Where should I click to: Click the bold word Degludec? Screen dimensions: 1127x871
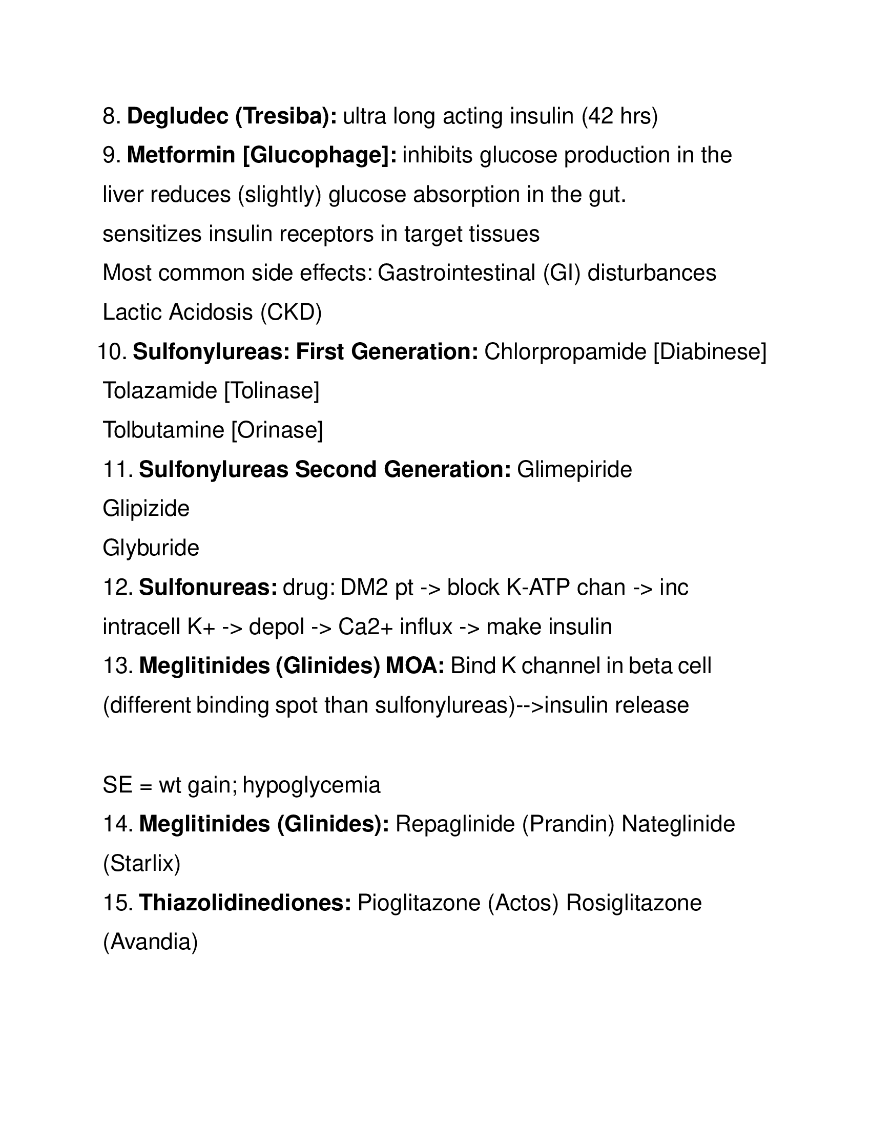click(x=177, y=117)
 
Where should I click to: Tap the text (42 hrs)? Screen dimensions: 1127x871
click(x=620, y=117)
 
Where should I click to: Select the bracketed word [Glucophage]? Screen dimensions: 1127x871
click(x=319, y=155)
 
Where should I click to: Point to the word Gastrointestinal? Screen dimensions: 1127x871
click(x=456, y=273)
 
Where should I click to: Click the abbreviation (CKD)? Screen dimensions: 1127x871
click(x=291, y=312)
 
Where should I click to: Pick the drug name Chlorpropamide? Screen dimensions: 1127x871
click(x=565, y=352)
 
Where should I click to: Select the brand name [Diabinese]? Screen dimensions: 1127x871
click(x=710, y=352)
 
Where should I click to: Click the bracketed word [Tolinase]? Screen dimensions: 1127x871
click(x=272, y=391)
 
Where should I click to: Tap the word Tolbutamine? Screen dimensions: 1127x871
click(x=163, y=430)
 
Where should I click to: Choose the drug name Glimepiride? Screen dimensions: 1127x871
click(x=574, y=470)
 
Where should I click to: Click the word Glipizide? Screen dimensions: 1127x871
click(x=146, y=509)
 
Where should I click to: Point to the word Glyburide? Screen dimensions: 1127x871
click(x=151, y=548)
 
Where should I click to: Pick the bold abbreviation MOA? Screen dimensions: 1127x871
click(x=415, y=666)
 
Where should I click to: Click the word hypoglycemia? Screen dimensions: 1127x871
click(x=311, y=785)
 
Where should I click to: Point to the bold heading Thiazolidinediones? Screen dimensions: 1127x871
click(x=245, y=903)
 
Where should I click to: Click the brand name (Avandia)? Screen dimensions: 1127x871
click(x=151, y=942)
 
